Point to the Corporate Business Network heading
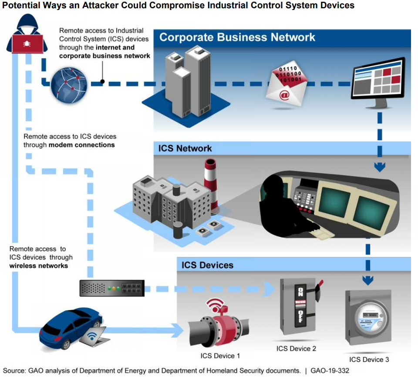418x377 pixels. (237, 37)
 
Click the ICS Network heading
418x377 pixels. (185, 148)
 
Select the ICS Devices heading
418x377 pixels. (207, 265)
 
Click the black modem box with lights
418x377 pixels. (112, 288)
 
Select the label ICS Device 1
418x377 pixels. (220, 356)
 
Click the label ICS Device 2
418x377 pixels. (296, 349)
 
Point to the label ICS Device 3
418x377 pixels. (369, 360)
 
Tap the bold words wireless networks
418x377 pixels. (39, 265)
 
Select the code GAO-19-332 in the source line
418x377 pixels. (330, 371)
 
